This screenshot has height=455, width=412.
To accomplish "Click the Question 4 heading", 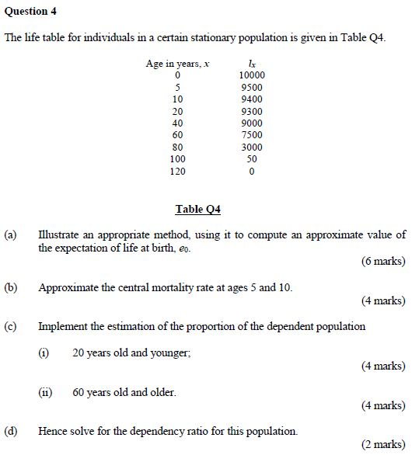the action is coord(30,12).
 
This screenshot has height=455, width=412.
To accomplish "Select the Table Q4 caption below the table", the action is coord(198,209).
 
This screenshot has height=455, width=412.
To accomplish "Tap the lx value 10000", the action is coord(252,75).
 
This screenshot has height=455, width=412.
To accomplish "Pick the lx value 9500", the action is coord(252,88).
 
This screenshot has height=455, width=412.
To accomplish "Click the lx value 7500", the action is coord(252,135).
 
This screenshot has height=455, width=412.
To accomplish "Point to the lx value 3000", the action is coord(252,147).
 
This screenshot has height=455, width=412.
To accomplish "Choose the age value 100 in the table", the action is coord(178,159).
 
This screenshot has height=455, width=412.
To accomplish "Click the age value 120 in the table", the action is coord(178,171).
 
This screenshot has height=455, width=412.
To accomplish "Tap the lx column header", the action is coord(251,63).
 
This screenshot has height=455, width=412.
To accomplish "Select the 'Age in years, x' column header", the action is coord(177,64).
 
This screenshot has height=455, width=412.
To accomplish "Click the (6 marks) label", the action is coord(383,262).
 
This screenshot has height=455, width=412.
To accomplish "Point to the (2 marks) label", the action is coord(383,445).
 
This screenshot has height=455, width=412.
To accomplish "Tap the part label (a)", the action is coord(10,234).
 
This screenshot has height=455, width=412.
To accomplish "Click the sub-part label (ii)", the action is coord(45,393).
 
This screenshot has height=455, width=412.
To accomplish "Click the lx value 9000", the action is coord(252,123).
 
